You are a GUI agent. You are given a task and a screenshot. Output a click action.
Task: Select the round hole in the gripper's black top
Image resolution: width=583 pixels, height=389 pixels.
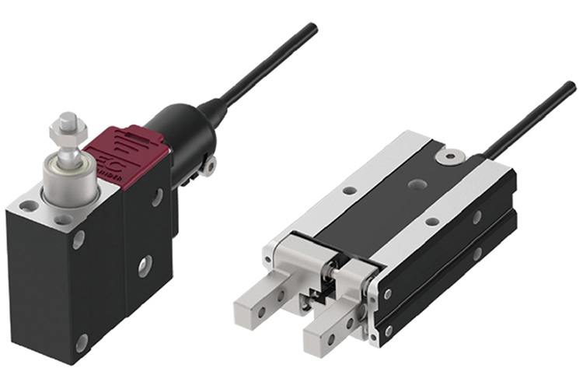point(418,185)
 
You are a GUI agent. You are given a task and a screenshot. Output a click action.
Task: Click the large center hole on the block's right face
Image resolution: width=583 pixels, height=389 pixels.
point(145,266)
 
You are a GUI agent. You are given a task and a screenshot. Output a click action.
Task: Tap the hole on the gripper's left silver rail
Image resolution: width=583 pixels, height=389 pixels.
point(349,190)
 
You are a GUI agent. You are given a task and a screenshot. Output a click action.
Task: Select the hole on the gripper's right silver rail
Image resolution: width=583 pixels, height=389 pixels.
point(432,223)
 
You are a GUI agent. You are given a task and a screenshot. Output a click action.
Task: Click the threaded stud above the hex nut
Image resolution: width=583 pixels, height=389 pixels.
point(66,121)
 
